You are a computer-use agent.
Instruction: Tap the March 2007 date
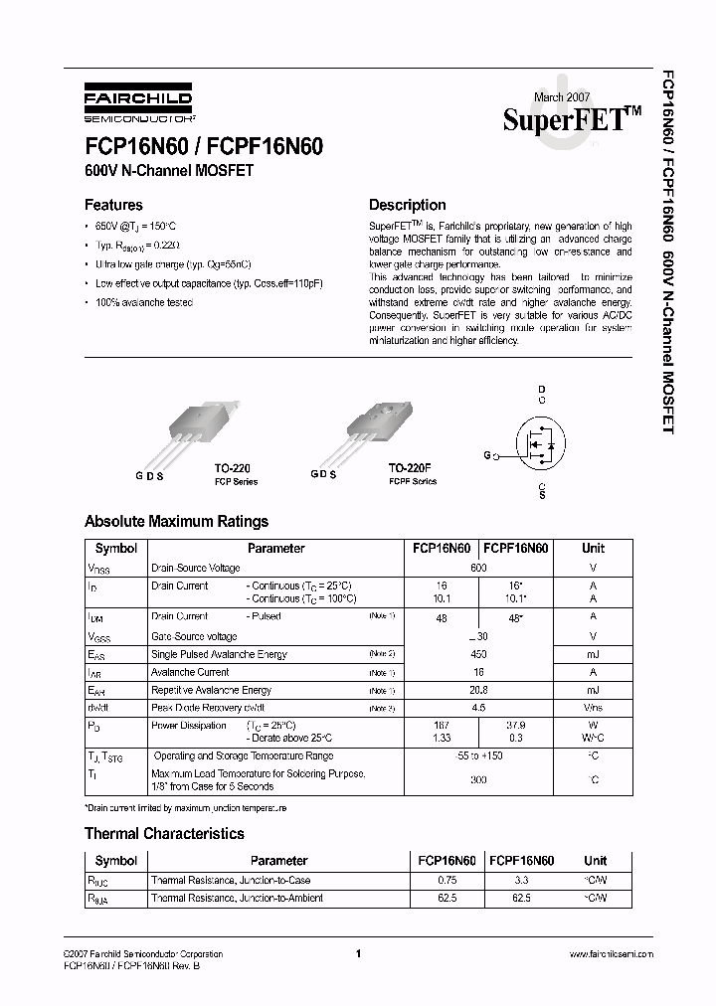tap(562, 96)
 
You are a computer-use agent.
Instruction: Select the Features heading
tap(113, 206)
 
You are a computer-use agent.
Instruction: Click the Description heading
tap(407, 206)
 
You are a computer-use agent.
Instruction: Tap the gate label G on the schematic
tap(487, 455)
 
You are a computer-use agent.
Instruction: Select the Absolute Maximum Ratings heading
tap(176, 521)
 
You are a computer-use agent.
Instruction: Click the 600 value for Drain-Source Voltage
tap(478, 568)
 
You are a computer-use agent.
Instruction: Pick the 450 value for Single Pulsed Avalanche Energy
tap(478, 654)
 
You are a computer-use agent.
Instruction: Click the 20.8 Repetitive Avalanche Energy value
tap(478, 690)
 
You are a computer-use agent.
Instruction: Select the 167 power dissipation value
tap(442, 726)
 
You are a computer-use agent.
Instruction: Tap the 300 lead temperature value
tap(478, 780)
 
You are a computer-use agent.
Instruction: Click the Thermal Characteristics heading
tap(164, 834)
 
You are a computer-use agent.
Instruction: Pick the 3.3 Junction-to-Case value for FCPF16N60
tap(521, 880)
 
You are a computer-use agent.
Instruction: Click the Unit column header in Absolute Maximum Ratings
tap(593, 548)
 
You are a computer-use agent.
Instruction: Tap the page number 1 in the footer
tap(357, 954)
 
